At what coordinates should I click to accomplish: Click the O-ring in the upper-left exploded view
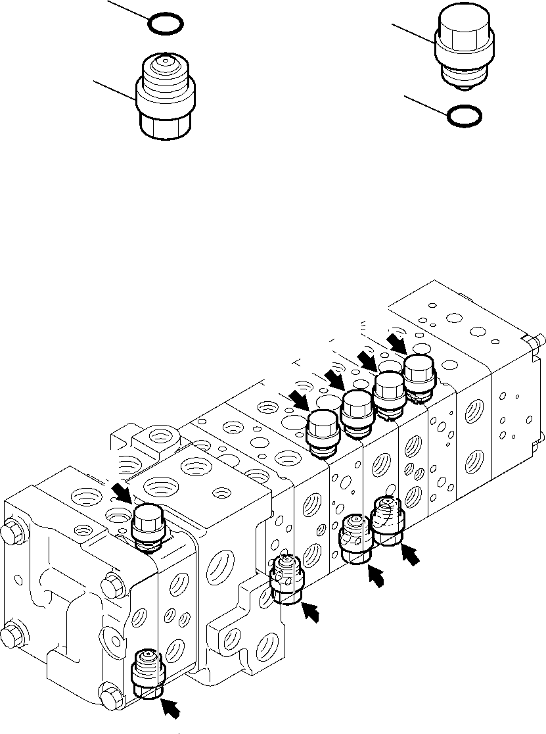pos(164,24)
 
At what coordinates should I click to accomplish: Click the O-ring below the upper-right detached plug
pos(463,116)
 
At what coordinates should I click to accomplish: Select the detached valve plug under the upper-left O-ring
pos(166,97)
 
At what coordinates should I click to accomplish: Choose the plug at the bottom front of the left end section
pos(147,671)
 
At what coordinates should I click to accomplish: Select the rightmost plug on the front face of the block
pos(388,520)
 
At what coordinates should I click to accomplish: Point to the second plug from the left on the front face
pos(286,579)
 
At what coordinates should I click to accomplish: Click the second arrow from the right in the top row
pos(366,359)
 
